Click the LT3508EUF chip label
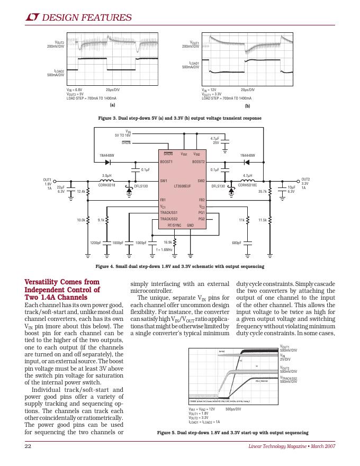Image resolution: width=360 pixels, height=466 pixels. pos(182,186)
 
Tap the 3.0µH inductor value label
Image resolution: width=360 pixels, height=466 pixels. pos(106,175)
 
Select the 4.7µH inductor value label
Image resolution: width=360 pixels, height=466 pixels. pos(247,175)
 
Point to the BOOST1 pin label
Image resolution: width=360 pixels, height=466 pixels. pos(166,161)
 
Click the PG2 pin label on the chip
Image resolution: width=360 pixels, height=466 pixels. pos(201,219)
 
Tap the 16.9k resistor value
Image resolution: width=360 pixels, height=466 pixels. pos(167,242)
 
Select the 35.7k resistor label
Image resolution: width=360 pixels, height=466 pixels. pos(262,191)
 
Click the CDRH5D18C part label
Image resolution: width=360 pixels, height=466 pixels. pos(247,185)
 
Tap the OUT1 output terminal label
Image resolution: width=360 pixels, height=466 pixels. pos(47,180)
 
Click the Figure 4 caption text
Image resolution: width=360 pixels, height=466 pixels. pos(179,266)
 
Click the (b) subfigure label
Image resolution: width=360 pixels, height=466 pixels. pos(247,106)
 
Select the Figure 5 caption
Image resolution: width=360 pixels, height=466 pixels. pos(232,433)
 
